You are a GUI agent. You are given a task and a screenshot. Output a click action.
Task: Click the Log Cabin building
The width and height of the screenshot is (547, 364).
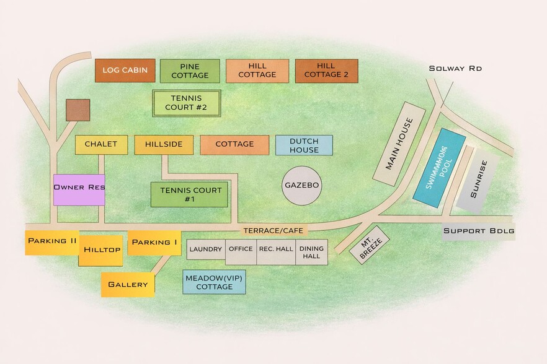tap(125, 70)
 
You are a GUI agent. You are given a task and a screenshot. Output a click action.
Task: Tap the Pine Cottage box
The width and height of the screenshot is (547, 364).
tap(190, 71)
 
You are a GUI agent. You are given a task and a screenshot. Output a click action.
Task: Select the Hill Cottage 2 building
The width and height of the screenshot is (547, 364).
tap(326, 71)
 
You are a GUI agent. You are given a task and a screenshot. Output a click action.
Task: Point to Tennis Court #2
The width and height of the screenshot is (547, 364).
tap(187, 103)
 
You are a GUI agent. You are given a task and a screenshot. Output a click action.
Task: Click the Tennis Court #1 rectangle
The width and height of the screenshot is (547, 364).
tap(190, 194)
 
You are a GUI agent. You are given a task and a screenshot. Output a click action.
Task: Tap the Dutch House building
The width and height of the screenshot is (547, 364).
tap(304, 145)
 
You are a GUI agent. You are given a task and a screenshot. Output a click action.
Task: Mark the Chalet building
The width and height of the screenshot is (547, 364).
tap(101, 144)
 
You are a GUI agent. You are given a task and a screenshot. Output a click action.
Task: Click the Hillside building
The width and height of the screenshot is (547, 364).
tap(164, 144)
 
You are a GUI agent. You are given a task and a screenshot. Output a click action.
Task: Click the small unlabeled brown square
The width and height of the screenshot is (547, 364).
tap(78, 110)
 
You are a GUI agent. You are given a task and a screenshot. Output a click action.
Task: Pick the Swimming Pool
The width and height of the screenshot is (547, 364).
tap(439, 168)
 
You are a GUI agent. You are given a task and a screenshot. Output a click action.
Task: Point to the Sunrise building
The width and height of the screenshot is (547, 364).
tap(478, 180)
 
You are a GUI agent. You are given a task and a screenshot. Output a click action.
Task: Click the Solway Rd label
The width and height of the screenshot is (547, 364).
tap(455, 68)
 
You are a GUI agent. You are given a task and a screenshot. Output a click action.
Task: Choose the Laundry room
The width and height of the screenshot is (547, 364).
tap(205, 249)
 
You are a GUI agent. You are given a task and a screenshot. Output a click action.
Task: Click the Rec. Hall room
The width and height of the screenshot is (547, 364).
tap(276, 252)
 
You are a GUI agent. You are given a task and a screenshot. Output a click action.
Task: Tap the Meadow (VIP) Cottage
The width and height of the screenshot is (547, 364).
tap(214, 282)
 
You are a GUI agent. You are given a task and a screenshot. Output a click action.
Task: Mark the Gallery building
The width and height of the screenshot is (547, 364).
tap(128, 284)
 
